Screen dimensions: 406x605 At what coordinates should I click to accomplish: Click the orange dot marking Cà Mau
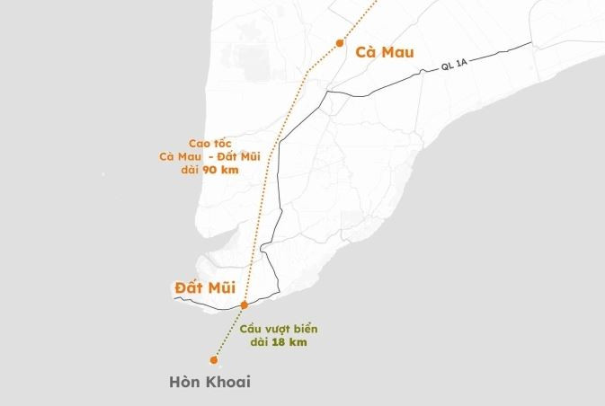(x=339, y=42)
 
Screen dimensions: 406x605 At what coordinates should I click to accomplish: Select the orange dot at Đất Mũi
(x=244, y=305)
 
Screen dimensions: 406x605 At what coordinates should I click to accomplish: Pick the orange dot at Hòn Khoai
(x=214, y=360)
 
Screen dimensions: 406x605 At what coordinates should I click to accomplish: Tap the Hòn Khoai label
(x=209, y=382)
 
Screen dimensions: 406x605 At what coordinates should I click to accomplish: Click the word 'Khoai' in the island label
(x=228, y=382)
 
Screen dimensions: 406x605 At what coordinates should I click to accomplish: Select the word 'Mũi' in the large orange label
(x=229, y=288)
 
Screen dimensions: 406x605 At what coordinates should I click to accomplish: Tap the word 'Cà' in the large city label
(x=365, y=51)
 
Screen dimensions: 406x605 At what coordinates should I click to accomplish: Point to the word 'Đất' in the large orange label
(x=191, y=288)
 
